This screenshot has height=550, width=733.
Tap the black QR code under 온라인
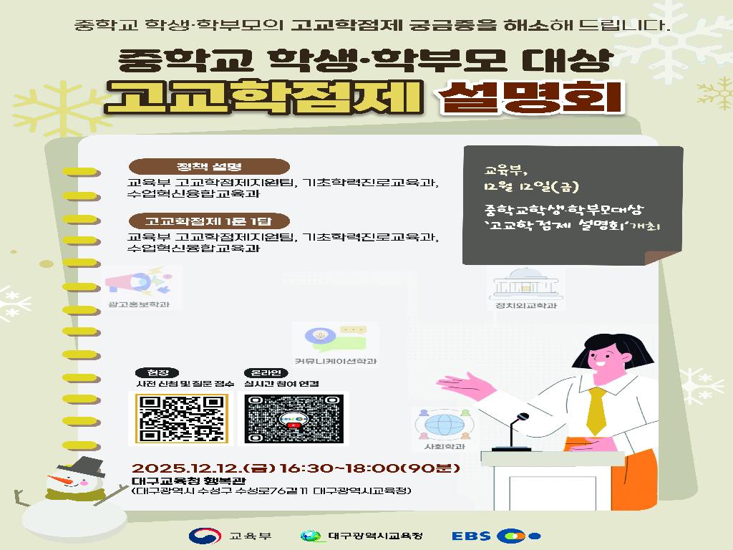coord(290,419)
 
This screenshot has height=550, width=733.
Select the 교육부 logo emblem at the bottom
coord(201,536)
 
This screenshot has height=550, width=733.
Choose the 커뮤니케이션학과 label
coord(335,362)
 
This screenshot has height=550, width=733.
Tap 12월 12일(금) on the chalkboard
coord(526,188)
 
